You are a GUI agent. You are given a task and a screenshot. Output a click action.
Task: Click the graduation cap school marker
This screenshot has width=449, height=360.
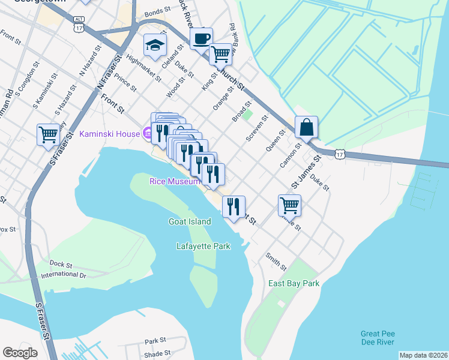coord(154,46)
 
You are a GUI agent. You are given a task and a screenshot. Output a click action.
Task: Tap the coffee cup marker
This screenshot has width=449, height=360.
coord(201,38)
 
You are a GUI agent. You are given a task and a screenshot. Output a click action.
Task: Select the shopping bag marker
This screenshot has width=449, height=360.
coord(306,127)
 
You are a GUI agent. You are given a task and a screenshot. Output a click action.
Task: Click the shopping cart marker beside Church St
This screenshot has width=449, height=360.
coord(220,54)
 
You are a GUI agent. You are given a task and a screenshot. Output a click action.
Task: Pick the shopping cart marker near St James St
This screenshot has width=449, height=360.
coord(289,205)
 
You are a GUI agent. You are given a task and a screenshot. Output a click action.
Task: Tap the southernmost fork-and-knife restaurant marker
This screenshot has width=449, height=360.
coord(234,206)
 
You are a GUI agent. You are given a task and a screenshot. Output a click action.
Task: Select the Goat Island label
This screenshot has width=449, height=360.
coord(190,221)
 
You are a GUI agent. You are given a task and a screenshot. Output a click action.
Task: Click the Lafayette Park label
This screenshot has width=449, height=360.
coord(203,246)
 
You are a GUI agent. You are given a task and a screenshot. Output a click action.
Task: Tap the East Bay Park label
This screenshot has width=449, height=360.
coord(294,283)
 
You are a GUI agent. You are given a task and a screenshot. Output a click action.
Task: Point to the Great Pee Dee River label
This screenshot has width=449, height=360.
coord(378,338)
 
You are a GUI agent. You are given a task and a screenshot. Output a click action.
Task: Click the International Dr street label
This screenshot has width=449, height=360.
coord(64,275)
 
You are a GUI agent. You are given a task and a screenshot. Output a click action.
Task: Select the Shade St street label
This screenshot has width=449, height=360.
coord(157,354)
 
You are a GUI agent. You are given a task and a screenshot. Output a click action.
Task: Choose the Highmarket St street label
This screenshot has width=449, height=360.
coord(145,67)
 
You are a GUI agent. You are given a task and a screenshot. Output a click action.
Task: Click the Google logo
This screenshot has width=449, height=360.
coord(20,353)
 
